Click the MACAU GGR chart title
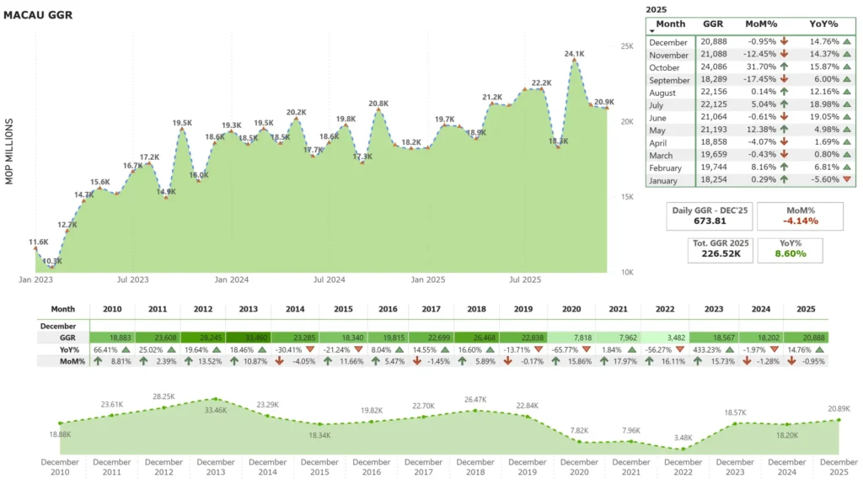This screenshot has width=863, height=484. pyautogui.click(x=38, y=14)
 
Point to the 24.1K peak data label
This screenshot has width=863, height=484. pyautogui.click(x=574, y=53)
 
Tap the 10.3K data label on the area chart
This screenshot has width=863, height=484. pyautogui.click(x=52, y=262)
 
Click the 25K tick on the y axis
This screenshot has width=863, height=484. pyautogui.click(x=626, y=46)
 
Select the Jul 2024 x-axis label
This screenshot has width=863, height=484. pyautogui.click(x=330, y=279)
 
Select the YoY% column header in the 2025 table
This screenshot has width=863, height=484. pyautogui.click(x=825, y=24)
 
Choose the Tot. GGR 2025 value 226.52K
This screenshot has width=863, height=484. pyautogui.click(x=720, y=253)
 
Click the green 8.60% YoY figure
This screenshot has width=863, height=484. pyautogui.click(x=790, y=253)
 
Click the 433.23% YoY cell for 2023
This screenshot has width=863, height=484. pyautogui.click(x=709, y=349)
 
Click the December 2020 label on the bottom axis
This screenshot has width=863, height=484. pyautogui.click(x=579, y=467)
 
